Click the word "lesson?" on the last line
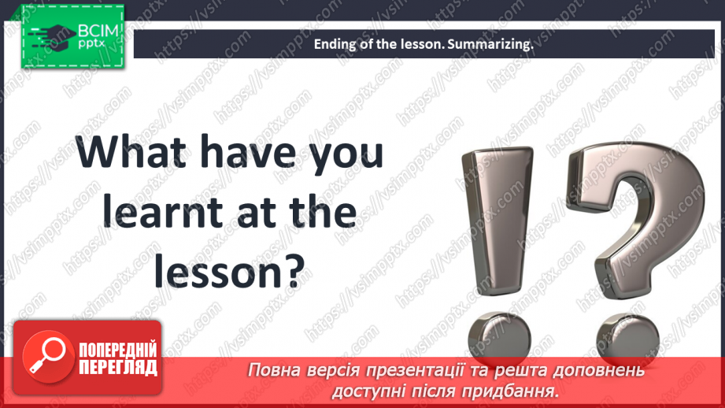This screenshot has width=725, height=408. tap(228, 271)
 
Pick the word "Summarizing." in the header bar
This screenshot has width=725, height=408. tap(490, 44)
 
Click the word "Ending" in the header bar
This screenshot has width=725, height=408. tap(335, 44)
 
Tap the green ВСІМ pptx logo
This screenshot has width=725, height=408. tap(72, 37)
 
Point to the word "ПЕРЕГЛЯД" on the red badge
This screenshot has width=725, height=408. tap(117, 367)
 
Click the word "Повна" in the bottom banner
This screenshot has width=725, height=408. tap(273, 370)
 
